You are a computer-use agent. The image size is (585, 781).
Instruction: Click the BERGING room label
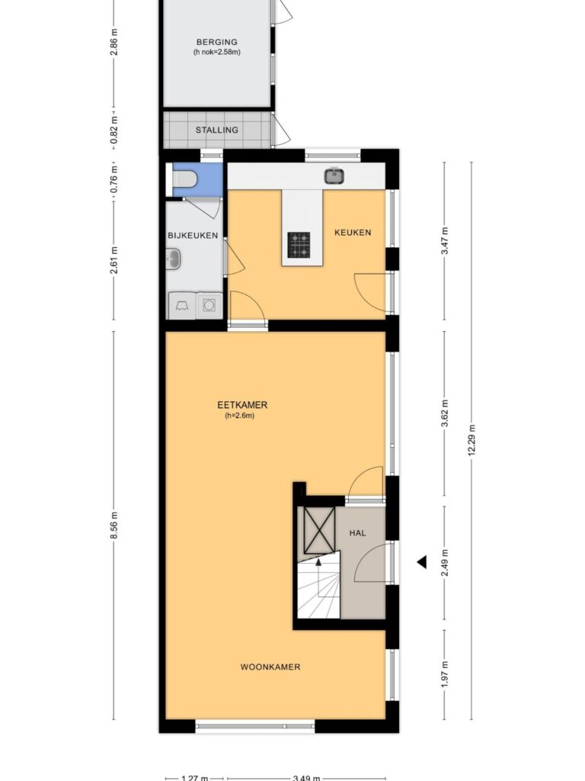[x=217, y=43]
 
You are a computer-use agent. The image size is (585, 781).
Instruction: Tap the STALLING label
[x=217, y=130]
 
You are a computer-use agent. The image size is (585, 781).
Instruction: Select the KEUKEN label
[x=353, y=233]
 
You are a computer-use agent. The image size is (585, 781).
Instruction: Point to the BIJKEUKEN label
[x=193, y=236]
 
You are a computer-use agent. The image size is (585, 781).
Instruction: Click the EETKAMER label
[x=243, y=405]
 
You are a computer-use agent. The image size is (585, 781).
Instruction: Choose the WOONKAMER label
[x=270, y=667]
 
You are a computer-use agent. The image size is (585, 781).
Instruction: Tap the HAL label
[x=358, y=533]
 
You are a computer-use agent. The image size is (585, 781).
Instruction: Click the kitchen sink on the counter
[x=335, y=176]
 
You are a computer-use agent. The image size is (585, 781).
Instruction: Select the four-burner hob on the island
[x=299, y=245]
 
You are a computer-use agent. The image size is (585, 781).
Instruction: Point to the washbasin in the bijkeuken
[x=173, y=259]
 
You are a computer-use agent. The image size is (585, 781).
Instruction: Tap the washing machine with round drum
[x=209, y=305]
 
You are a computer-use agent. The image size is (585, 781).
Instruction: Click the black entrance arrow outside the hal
[x=422, y=562]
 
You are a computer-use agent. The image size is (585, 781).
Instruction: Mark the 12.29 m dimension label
[x=472, y=440]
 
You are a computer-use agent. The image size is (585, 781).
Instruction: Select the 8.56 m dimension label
[x=114, y=525]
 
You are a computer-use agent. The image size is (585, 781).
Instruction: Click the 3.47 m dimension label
[x=445, y=241]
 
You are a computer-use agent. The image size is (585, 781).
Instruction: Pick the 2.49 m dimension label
[x=445, y=563]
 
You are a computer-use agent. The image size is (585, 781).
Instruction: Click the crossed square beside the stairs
[x=319, y=530]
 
